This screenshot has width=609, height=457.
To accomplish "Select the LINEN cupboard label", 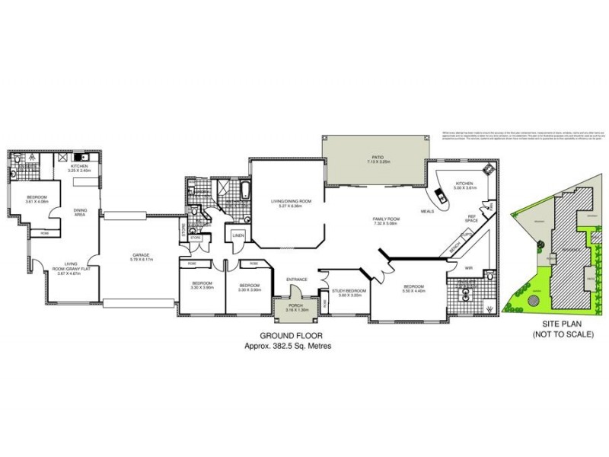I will click(238, 235).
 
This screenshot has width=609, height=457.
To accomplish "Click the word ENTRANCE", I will click(296, 280).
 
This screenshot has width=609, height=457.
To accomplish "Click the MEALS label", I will click(427, 210).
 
